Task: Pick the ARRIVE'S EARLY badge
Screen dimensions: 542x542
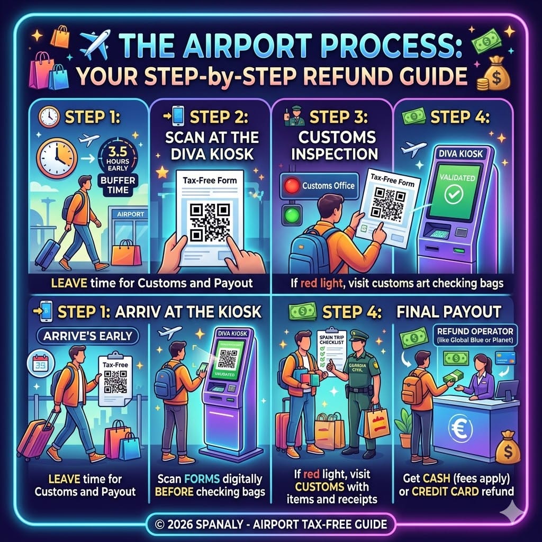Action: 84,335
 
